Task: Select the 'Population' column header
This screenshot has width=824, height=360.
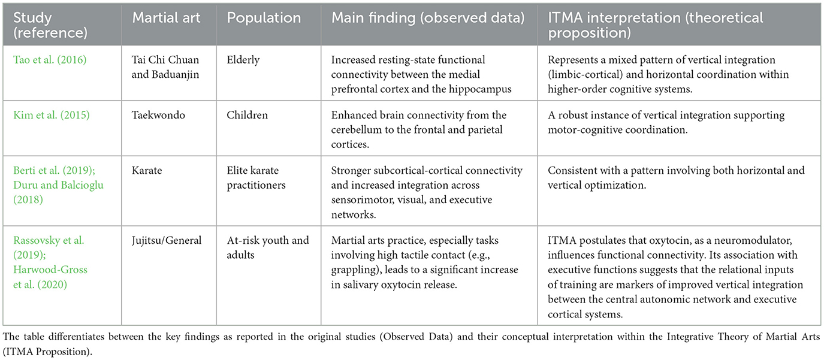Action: point(255,17)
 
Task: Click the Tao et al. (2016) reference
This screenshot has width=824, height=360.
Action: point(42,60)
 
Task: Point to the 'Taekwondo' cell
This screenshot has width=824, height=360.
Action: point(158,115)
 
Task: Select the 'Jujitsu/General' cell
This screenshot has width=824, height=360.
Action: point(167,240)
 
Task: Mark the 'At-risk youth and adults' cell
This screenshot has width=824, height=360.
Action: point(268,247)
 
